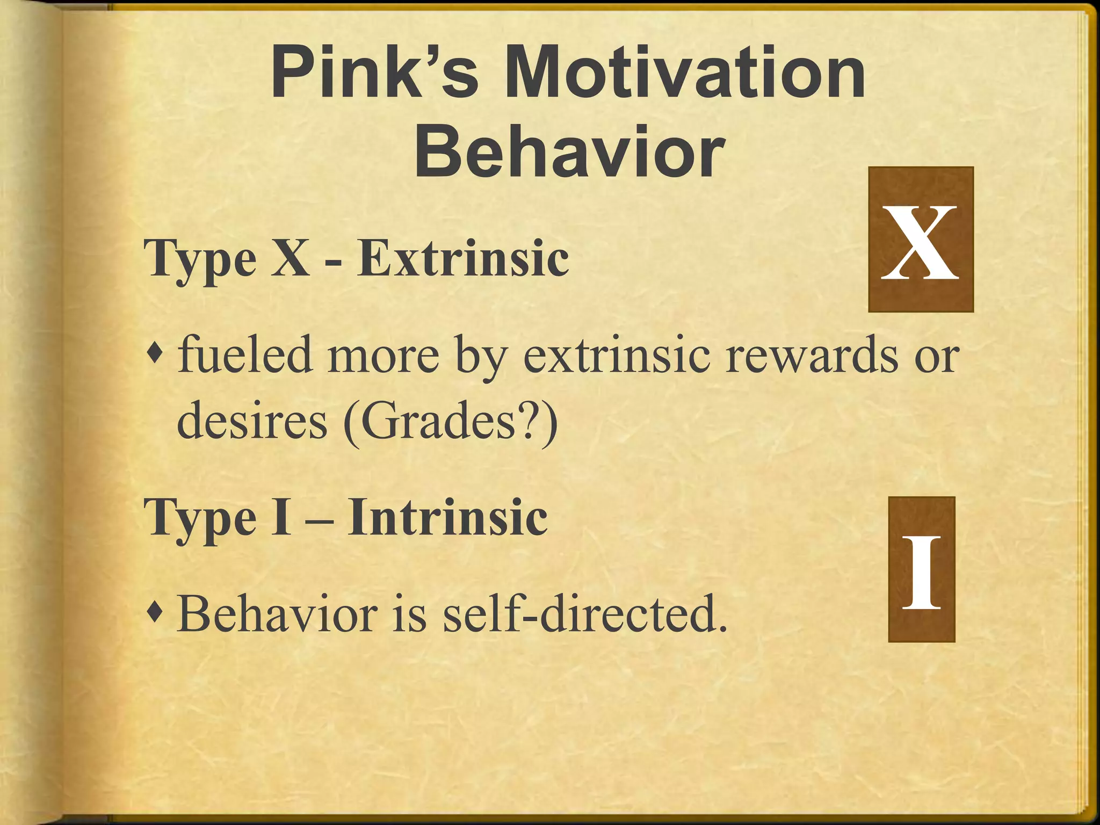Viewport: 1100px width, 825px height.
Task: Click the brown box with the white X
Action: [x=921, y=240]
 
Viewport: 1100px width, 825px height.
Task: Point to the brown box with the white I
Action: [x=921, y=569]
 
